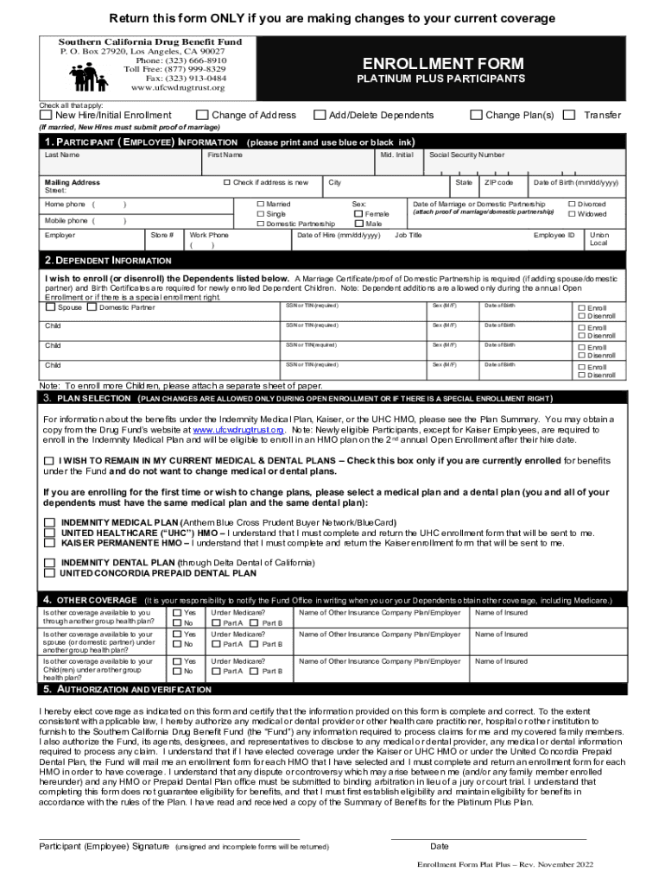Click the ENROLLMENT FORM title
tap(443, 64)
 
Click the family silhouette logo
tap(89, 78)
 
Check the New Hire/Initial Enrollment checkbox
tap(47, 115)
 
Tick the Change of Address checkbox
tap(202, 115)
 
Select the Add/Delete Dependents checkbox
tap(320, 115)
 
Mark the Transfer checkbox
tap(568, 115)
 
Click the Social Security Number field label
tap(466, 155)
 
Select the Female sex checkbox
tap(358, 213)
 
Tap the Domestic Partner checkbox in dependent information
tap(92, 307)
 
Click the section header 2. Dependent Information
tap(108, 261)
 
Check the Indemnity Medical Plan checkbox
tap(50, 522)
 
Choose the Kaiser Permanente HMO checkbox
tap(50, 543)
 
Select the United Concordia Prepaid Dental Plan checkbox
tap(50, 572)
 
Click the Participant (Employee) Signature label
tap(104, 846)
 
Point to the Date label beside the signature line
tap(440, 846)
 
